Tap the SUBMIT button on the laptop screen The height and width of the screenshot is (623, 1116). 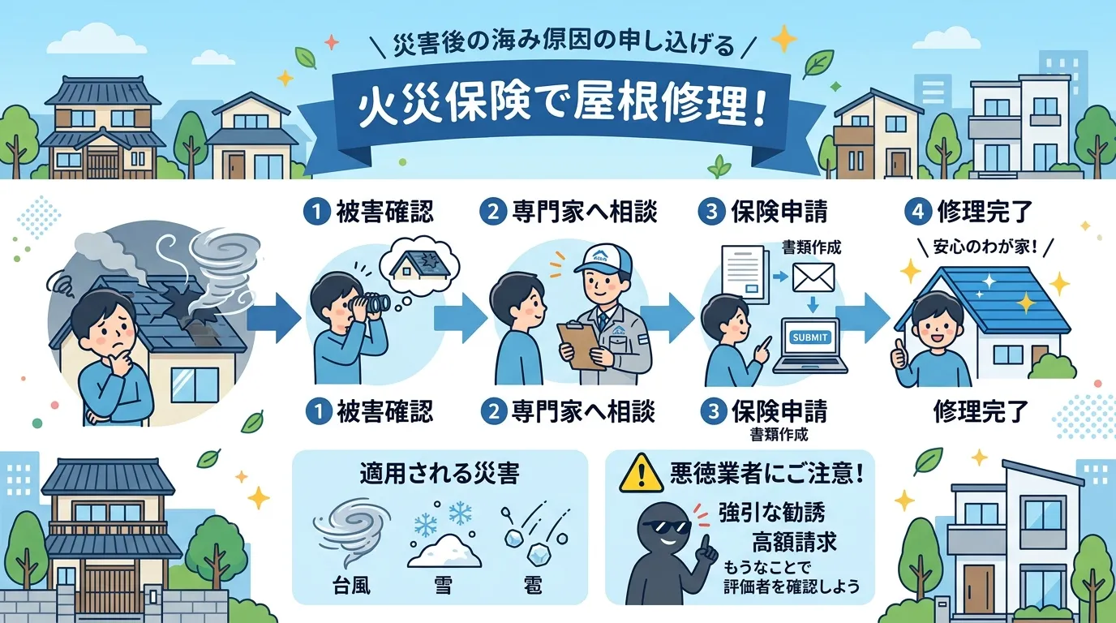coord(811,337)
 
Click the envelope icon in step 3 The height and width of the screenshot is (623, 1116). coord(813,278)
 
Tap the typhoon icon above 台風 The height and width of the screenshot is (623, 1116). coord(346,532)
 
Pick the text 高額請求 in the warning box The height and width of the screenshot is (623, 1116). coord(792,540)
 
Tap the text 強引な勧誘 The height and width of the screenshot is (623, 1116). coord(771,513)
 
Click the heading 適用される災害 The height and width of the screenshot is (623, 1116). coord(439,475)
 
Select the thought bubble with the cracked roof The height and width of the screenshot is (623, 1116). coord(419,263)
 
